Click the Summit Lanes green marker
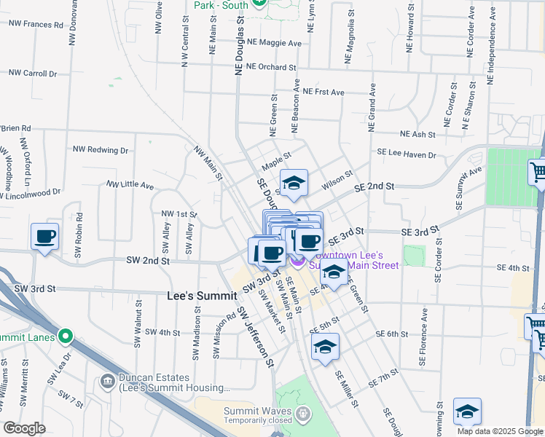click(66, 336)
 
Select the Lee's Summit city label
click(201, 296)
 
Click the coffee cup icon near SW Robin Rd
click(45, 237)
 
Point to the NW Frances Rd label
click(36, 24)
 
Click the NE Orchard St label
click(271, 67)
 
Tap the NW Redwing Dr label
click(101, 149)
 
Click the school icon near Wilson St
click(294, 184)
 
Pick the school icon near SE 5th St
click(325, 347)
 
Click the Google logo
click(25, 428)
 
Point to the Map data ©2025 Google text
click(499, 431)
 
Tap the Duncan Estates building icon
click(107, 380)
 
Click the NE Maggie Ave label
click(274, 43)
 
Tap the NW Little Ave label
click(130, 186)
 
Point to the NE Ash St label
click(417, 135)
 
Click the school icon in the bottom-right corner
click(467, 412)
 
